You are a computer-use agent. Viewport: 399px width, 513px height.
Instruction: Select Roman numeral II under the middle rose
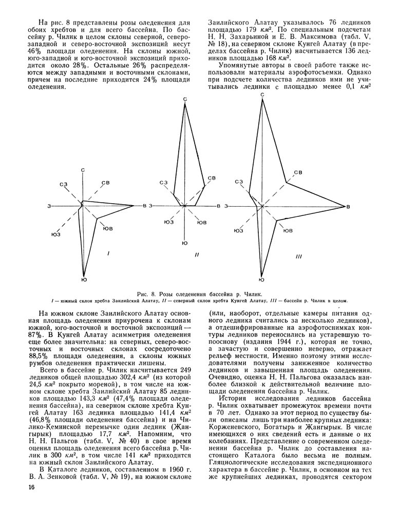[x=197, y=255]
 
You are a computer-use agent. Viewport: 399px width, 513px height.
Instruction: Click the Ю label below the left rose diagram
[x=83, y=279]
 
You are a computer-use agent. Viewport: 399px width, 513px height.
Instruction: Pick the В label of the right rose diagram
[x=348, y=206]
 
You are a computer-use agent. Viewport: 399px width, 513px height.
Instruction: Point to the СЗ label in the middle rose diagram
[x=164, y=182]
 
